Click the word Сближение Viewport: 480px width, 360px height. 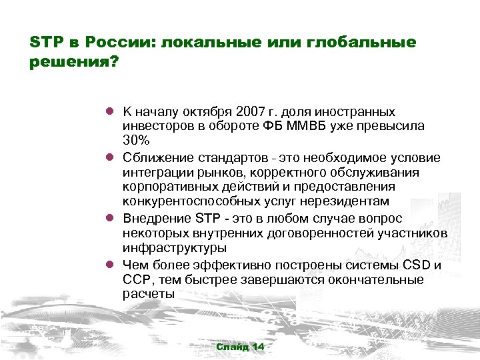pos(158,158)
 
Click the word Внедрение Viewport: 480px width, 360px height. pos(158,218)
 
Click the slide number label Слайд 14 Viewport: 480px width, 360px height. pos(240,347)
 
